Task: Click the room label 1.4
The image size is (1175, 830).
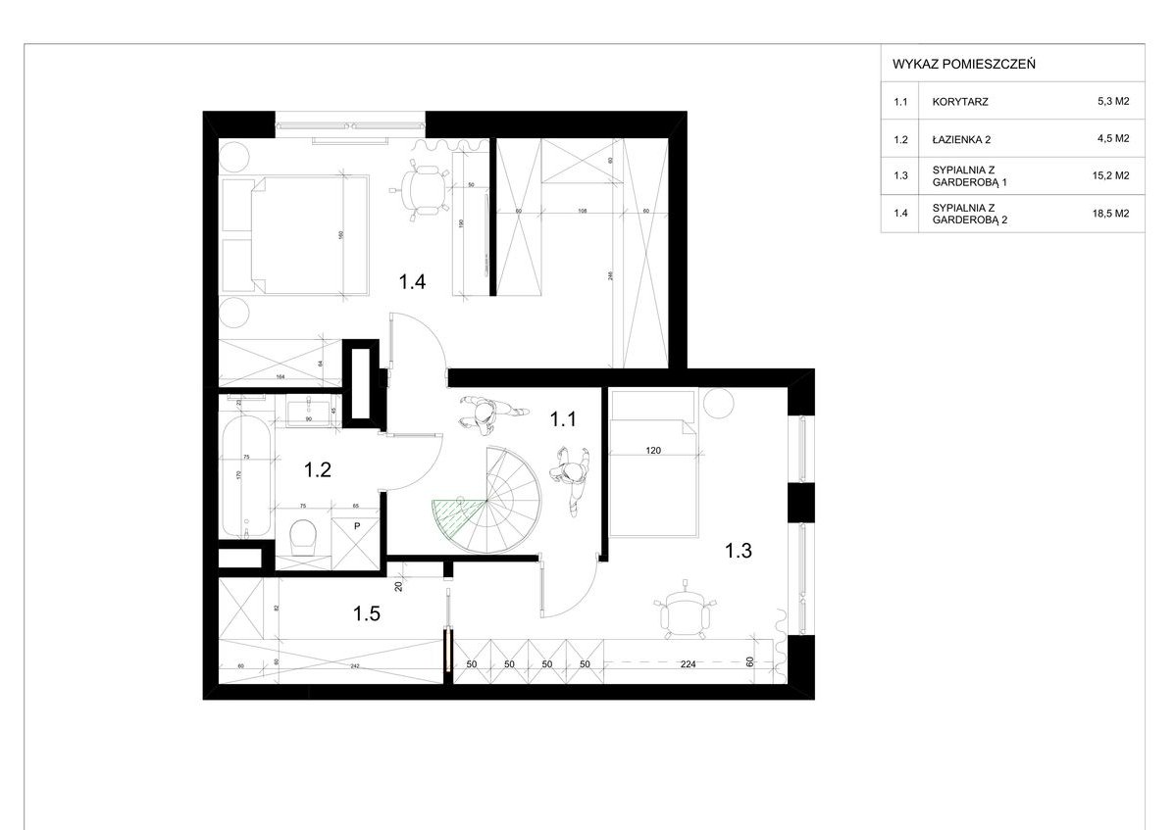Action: pyautogui.click(x=411, y=283)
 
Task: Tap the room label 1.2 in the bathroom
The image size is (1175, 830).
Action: pyautogui.click(x=316, y=469)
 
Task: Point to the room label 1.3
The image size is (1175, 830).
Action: pyautogui.click(x=738, y=551)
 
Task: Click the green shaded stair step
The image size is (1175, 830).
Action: pyautogui.click(x=455, y=513)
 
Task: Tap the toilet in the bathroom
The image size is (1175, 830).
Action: pyautogui.click(x=304, y=537)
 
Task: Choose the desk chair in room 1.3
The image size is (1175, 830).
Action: pyautogui.click(x=683, y=612)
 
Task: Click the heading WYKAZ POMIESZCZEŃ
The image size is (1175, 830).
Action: pyautogui.click(x=950, y=64)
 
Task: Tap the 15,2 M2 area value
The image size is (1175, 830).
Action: pyautogui.click(x=1113, y=175)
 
